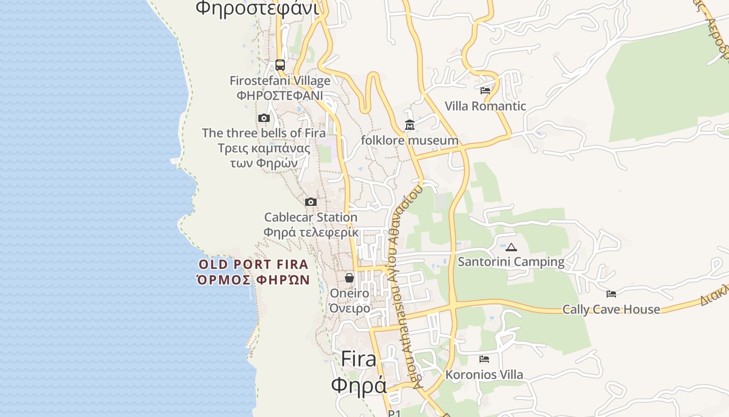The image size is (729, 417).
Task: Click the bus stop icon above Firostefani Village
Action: [x=280, y=65]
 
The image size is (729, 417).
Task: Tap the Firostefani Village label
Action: [x=280, y=81]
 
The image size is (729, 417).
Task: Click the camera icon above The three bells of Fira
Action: [x=264, y=118]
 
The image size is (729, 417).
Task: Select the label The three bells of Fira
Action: [x=264, y=133]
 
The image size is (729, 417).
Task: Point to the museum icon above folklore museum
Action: [x=410, y=125]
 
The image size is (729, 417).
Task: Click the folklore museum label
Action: [x=410, y=140]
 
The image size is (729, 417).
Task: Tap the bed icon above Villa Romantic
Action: [x=485, y=91]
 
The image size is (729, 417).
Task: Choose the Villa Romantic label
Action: [x=485, y=106]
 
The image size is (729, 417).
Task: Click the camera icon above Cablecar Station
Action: [x=311, y=202]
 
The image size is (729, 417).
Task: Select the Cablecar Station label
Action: [x=311, y=217]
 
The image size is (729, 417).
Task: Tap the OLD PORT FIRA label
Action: [x=254, y=264]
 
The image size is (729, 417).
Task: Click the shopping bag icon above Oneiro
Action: [x=349, y=278]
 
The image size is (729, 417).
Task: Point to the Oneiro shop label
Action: [x=349, y=293]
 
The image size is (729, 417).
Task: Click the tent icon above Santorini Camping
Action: [x=511, y=247]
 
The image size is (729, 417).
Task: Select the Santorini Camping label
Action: [x=511, y=262]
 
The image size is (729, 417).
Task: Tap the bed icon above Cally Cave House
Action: [x=611, y=295]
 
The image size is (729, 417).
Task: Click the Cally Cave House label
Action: [x=611, y=309]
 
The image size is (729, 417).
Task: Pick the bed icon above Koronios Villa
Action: [x=484, y=359]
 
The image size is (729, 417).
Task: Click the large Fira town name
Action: [x=359, y=359]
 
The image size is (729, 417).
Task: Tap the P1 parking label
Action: [x=394, y=413]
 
